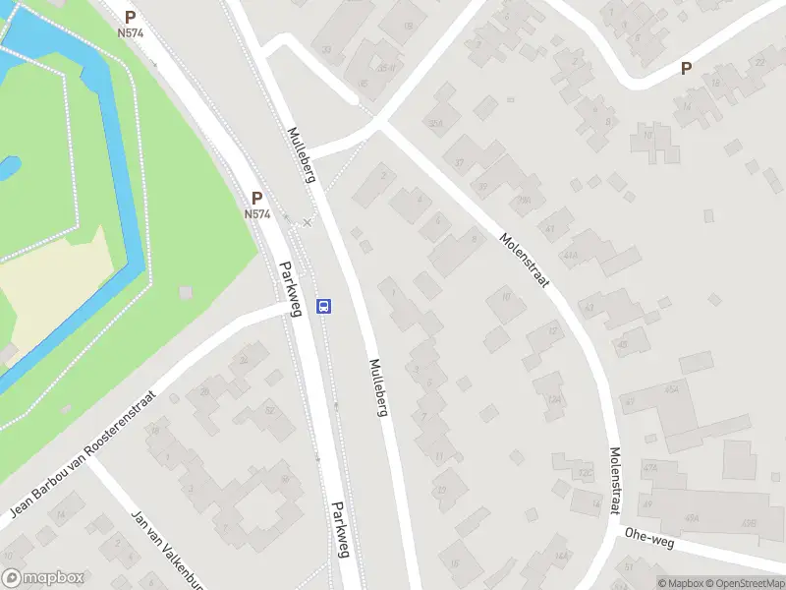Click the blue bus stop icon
(x=324, y=306)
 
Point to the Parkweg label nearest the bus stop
(x=289, y=289)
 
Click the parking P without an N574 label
(x=687, y=69)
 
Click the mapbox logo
(x=43, y=578)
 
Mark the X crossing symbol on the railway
(x=307, y=223)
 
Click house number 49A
(x=692, y=518)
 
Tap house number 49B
(x=751, y=524)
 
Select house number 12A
(x=554, y=400)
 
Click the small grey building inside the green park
(x=186, y=293)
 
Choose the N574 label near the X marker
(x=256, y=213)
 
